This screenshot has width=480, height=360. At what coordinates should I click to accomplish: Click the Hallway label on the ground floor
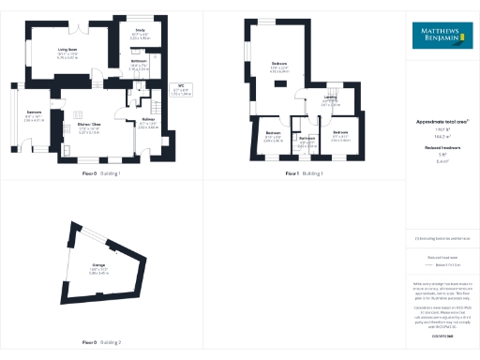point(147,120)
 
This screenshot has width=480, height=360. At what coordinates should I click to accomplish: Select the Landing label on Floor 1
point(330,97)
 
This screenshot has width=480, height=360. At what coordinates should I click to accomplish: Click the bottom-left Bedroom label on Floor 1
point(273,133)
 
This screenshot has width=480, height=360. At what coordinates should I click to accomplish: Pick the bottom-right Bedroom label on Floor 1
point(340,133)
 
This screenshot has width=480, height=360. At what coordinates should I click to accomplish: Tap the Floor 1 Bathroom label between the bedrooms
point(307,138)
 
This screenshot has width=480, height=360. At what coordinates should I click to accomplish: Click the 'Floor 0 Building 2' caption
point(101,342)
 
